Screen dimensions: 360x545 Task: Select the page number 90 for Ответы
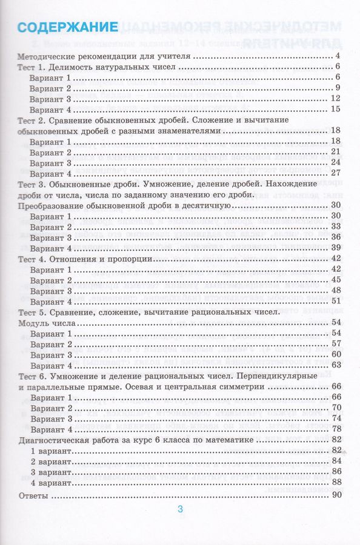(337, 496)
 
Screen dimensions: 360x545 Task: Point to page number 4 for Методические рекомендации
(341, 56)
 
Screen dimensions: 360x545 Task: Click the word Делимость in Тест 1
(69, 67)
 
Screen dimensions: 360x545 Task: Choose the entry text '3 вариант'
(52, 471)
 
